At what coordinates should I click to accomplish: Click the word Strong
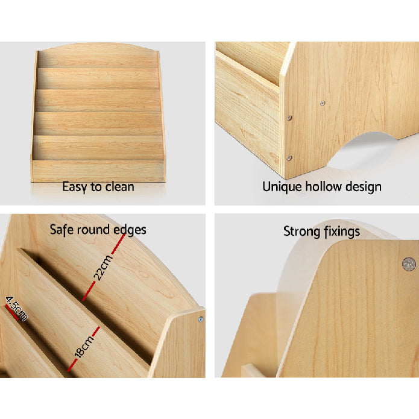click(x=301, y=232)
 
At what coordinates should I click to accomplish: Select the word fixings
click(x=341, y=232)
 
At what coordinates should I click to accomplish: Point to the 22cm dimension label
click(x=104, y=268)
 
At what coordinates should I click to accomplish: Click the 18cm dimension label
click(x=84, y=346)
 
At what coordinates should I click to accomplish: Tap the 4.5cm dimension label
click(x=16, y=308)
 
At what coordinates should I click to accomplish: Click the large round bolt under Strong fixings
click(x=409, y=264)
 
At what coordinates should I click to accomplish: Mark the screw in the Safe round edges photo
click(x=201, y=319)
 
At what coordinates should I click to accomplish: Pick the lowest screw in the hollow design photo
click(x=289, y=159)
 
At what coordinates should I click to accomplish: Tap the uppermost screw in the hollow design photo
click(x=323, y=103)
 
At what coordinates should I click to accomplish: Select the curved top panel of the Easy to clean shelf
click(x=98, y=55)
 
